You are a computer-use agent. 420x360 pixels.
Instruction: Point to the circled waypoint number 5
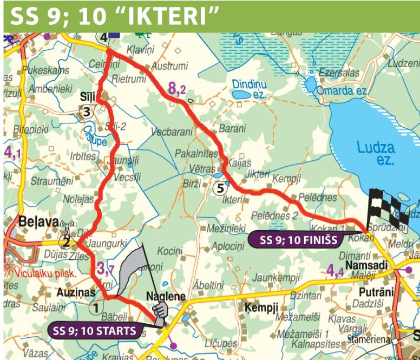tap(219, 188)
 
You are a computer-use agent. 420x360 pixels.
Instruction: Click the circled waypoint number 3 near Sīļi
tap(87, 112)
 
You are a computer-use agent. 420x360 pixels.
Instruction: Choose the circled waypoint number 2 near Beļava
tap(65, 242)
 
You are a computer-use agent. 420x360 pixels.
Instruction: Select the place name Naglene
tap(166, 297)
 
